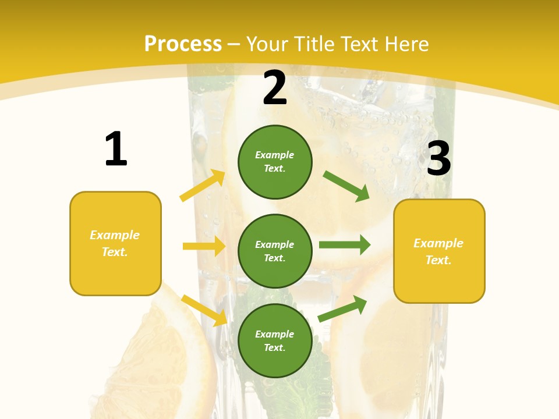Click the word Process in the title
(183, 44)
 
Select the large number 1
(116, 150)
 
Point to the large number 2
(275, 88)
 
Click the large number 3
(438, 158)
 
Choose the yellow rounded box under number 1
(115, 243)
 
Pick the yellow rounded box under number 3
(439, 251)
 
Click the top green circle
(275, 162)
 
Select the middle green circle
(275, 251)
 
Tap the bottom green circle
(275, 341)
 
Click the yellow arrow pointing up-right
(203, 186)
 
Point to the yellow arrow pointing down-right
(204, 310)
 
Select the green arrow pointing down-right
(346, 186)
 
